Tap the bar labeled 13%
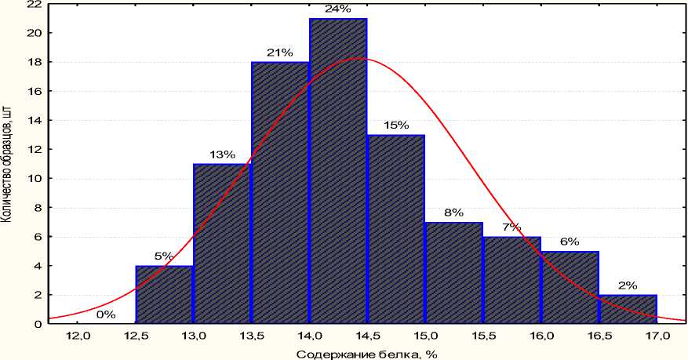point(222,243)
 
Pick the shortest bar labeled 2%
point(628,309)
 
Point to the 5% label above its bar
point(164,256)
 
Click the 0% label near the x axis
point(106,315)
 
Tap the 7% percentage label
point(511,227)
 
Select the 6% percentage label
point(570,242)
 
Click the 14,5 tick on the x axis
point(367,336)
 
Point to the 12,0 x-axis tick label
point(78,336)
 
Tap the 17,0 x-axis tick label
point(657,336)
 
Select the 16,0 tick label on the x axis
point(541,336)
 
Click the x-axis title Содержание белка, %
point(367,354)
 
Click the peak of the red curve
point(356,58)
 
